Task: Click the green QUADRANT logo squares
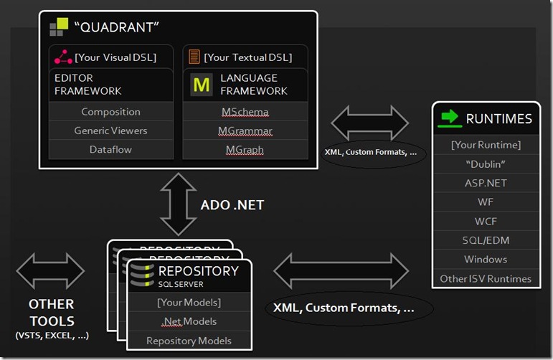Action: coord(59,28)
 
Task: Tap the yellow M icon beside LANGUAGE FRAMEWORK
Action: coord(202,85)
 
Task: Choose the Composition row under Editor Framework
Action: coord(110,112)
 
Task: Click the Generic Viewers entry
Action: coord(110,131)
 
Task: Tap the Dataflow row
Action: coord(110,150)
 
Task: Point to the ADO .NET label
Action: coord(232,205)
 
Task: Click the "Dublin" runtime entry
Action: coord(486,164)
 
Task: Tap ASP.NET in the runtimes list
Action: coord(486,183)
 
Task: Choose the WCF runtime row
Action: coord(486,221)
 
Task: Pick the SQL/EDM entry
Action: coord(486,240)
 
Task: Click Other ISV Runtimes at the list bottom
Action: coord(486,278)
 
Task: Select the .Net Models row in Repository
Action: coord(189,321)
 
